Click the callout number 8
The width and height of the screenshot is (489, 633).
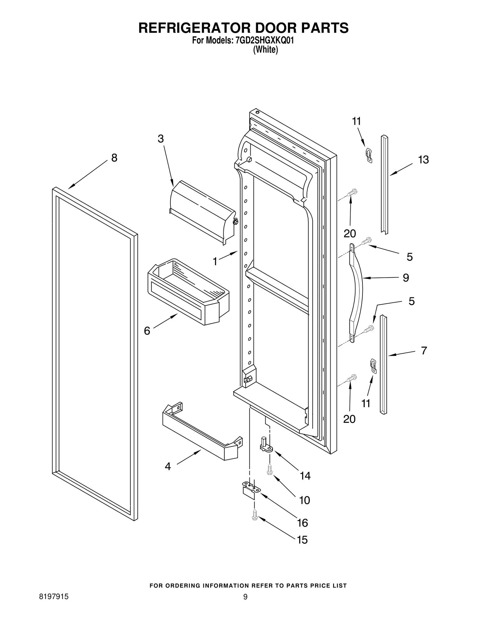[114, 158]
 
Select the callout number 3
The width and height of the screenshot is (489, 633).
[161, 139]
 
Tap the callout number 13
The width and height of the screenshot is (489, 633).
[423, 160]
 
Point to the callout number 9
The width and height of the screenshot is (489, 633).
[406, 278]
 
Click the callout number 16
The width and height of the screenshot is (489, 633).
[303, 523]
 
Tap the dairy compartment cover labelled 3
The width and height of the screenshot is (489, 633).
[202, 211]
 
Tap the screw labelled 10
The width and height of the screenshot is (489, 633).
[270, 469]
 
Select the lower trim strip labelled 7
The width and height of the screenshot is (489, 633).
[383, 364]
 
